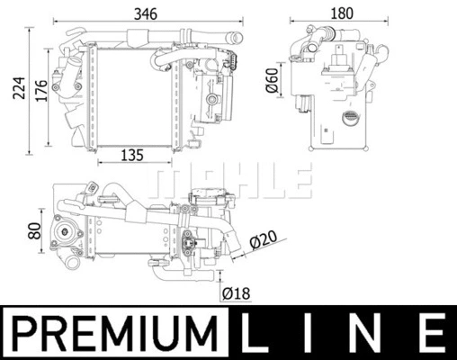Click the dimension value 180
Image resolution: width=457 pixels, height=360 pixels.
click(x=341, y=13)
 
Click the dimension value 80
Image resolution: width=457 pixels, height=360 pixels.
click(x=35, y=231)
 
